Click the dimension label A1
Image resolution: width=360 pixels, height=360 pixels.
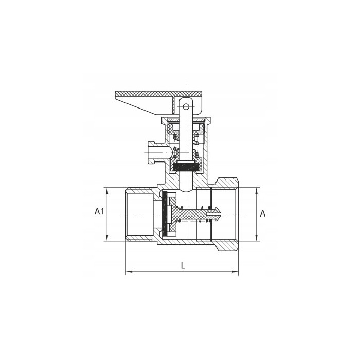[x=99, y=211]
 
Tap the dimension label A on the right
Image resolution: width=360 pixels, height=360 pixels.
[x=263, y=214]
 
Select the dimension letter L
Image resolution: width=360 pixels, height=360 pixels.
[x=183, y=266]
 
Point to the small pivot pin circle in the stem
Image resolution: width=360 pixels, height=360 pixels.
[x=186, y=106]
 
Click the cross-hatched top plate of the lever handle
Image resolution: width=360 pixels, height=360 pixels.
[x=158, y=94]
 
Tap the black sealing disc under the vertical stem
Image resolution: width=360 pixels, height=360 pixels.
[x=186, y=167]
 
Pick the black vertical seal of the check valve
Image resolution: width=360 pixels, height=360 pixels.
[x=164, y=214]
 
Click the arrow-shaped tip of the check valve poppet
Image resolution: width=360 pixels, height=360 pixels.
[x=217, y=214]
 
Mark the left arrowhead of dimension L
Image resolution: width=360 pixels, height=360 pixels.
[x=129, y=272]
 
